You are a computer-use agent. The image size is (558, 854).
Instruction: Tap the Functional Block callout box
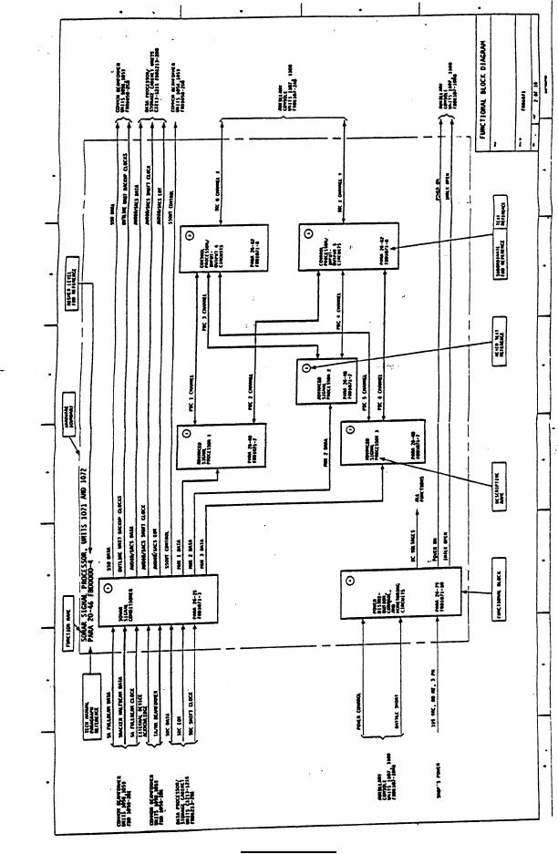click(506, 609)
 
